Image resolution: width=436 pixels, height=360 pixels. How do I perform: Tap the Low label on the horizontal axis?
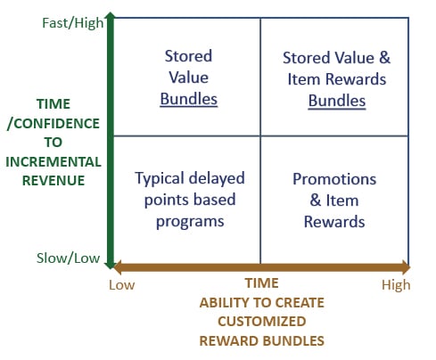tap(122, 284)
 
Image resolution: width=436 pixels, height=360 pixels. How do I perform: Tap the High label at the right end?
tap(396, 284)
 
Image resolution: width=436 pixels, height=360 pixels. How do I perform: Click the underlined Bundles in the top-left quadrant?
tap(188, 98)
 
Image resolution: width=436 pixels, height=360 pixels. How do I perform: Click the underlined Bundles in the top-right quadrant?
tap(336, 101)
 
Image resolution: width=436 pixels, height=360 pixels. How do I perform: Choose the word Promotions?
tap(334, 178)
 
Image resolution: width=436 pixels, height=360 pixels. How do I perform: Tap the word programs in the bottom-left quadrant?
tap(189, 219)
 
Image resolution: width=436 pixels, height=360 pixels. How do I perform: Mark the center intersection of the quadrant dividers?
tap(260, 136)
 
